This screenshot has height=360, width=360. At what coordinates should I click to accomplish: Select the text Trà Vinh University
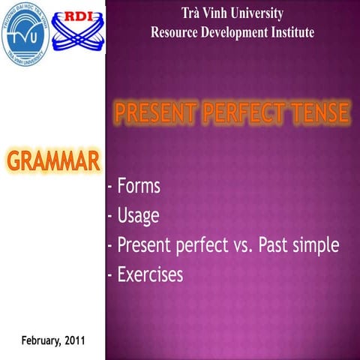click(x=232, y=13)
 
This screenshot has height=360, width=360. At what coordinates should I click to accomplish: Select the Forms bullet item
click(x=138, y=187)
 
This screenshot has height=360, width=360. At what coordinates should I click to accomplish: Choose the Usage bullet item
click(x=138, y=216)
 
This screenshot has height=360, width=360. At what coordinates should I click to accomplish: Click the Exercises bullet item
click(x=149, y=275)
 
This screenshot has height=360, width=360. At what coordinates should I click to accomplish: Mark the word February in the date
click(x=37, y=340)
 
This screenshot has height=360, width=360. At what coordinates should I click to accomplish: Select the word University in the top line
click(x=259, y=13)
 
